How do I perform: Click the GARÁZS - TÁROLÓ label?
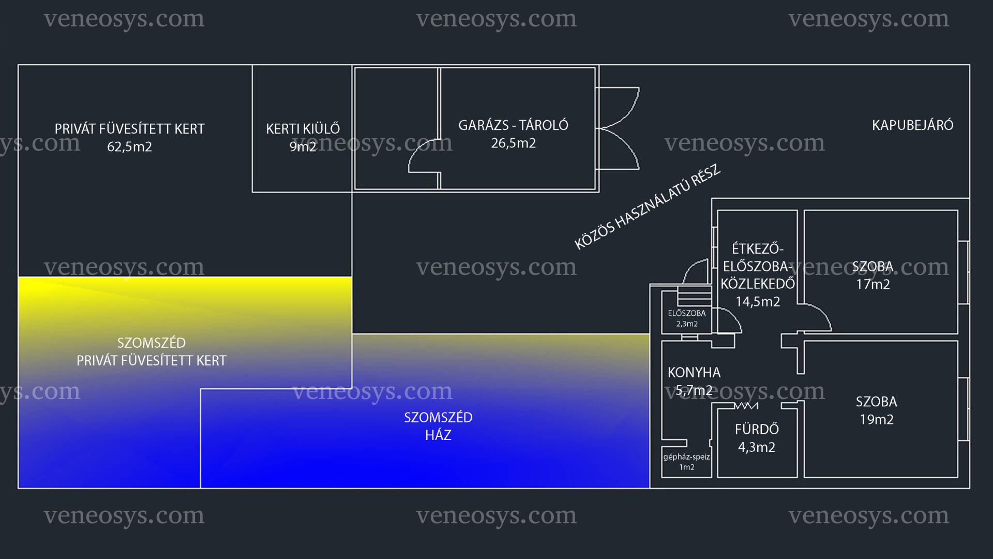tap(513, 125)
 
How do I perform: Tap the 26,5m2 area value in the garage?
tap(513, 143)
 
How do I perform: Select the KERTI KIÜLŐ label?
tap(303, 128)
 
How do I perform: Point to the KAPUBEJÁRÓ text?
tap(912, 125)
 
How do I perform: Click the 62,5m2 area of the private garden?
tap(129, 147)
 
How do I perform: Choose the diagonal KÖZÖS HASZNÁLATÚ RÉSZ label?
tap(648, 207)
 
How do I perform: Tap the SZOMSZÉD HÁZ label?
tap(438, 426)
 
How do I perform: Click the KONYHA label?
tap(694, 372)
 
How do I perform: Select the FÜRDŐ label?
tap(757, 429)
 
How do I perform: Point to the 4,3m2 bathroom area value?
tap(757, 447)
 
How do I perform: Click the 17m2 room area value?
tap(873, 284)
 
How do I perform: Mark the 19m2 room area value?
tap(877, 420)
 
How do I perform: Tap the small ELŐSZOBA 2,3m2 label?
tap(687, 318)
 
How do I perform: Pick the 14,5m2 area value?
tap(758, 302)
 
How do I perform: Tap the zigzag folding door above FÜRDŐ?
tap(746, 406)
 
